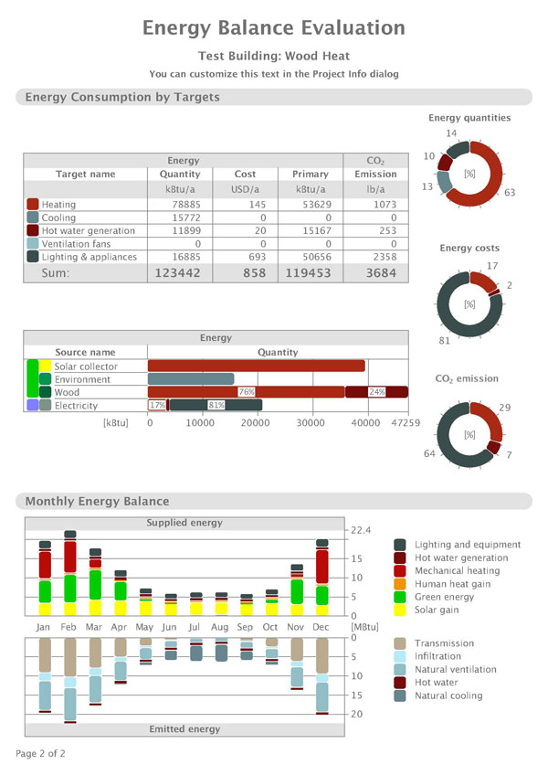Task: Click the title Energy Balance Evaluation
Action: click(x=274, y=28)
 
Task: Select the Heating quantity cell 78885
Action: click(x=184, y=205)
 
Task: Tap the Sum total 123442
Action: click(x=177, y=272)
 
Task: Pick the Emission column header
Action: click(x=375, y=174)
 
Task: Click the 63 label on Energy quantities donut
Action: click(x=510, y=193)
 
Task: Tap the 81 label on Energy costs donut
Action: click(x=444, y=341)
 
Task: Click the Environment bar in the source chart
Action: click(x=191, y=378)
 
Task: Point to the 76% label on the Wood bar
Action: click(x=246, y=392)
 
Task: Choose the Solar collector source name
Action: click(x=86, y=366)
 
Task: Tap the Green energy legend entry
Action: click(x=444, y=597)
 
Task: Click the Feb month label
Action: click(x=69, y=628)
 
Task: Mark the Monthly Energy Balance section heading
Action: click(x=97, y=501)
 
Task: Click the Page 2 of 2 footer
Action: click(x=40, y=754)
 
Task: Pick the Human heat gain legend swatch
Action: click(x=400, y=584)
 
